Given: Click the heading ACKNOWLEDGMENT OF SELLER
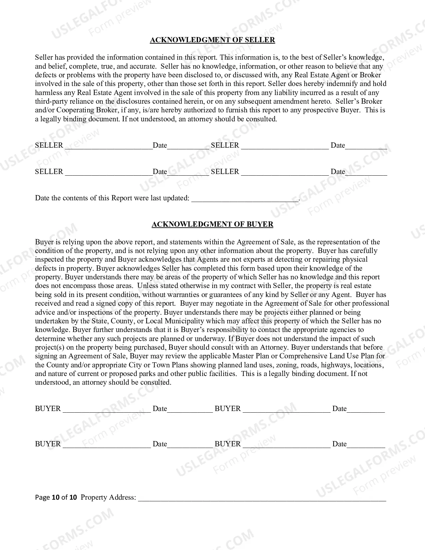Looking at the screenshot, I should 212,40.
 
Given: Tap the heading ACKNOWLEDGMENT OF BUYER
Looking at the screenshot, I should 212,224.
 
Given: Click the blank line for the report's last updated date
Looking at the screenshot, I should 245,199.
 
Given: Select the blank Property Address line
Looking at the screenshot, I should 262,498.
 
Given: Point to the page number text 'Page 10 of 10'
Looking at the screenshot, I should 56,498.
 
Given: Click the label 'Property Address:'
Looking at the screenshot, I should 108,498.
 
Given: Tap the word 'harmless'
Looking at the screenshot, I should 48,93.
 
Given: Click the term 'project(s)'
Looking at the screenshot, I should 49,347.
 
